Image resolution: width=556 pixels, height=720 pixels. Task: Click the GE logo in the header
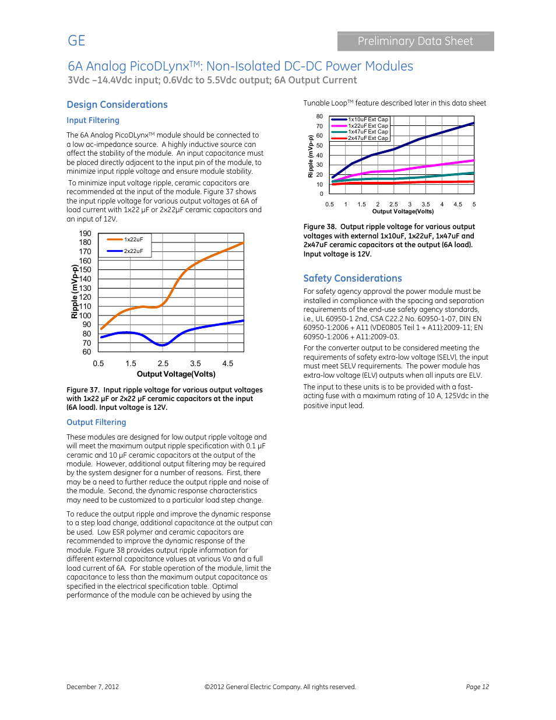(x=76, y=41)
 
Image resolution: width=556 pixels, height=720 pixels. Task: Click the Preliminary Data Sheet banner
(x=415, y=41)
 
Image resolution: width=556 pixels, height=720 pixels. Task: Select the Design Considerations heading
(x=117, y=105)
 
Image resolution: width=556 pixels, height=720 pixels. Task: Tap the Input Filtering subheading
(x=93, y=120)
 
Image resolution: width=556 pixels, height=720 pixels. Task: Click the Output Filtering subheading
(x=96, y=422)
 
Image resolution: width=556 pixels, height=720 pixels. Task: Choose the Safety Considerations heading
(x=353, y=279)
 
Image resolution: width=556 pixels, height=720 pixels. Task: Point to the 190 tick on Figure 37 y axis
(x=85, y=234)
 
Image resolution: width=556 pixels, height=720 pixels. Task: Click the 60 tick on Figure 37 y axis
(x=87, y=352)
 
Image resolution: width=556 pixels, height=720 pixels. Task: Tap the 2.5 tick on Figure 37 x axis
(x=163, y=364)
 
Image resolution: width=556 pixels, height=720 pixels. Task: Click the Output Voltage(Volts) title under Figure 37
(x=176, y=374)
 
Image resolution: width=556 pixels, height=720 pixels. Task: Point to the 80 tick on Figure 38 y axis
(x=319, y=117)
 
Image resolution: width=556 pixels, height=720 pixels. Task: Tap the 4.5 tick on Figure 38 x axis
(x=458, y=205)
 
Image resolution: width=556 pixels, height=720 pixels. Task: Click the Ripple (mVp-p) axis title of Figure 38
(x=311, y=156)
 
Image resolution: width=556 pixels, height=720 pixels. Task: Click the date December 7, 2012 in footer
(x=93, y=687)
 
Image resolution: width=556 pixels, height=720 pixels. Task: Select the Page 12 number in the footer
(x=477, y=687)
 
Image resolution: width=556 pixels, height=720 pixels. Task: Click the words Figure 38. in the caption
(x=319, y=227)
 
